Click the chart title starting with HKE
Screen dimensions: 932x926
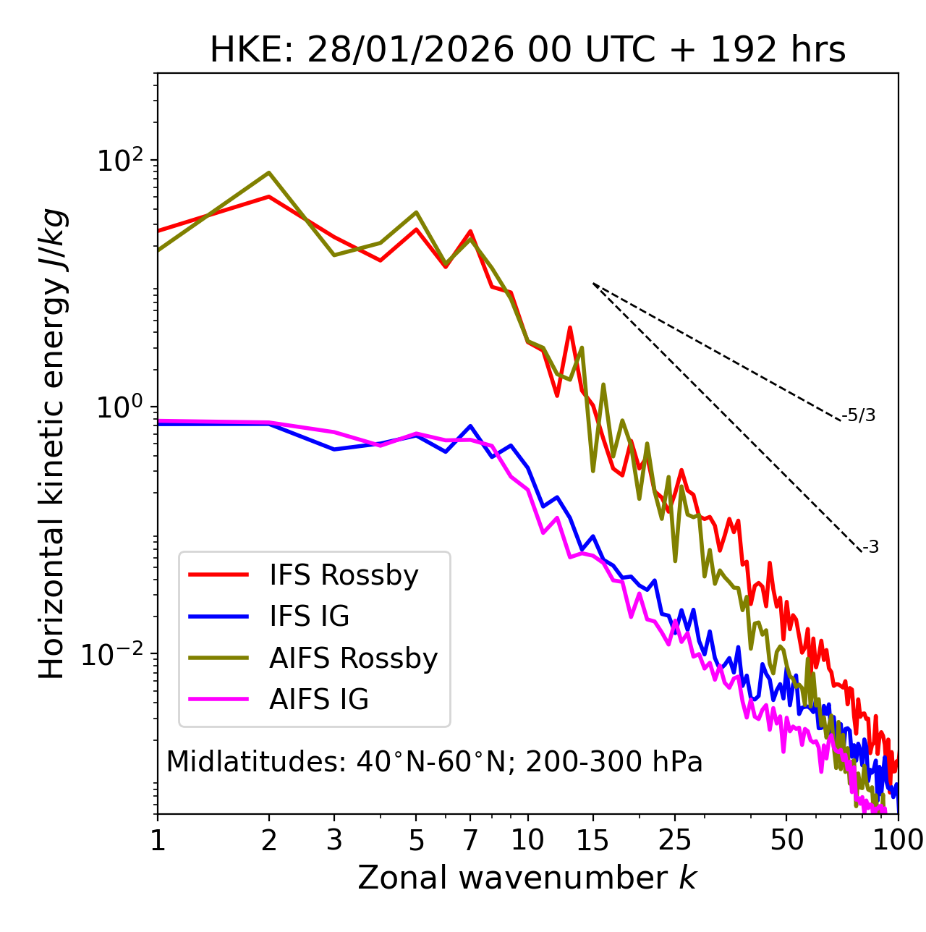(x=527, y=51)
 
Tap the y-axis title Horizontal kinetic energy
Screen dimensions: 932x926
(x=52, y=444)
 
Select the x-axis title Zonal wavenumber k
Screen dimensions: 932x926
(x=527, y=878)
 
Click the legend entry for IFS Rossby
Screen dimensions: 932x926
(x=344, y=575)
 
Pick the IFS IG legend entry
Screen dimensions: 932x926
(x=309, y=617)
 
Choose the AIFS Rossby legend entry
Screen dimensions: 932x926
(x=353, y=658)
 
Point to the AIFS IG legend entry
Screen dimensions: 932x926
(x=318, y=700)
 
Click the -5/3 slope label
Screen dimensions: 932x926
(x=859, y=415)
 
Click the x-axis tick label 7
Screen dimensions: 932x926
(x=470, y=840)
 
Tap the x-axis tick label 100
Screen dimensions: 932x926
(x=898, y=840)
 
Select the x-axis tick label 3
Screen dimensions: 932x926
(x=334, y=840)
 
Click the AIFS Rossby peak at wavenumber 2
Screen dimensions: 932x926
(x=269, y=173)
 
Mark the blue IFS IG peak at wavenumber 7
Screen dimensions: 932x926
(x=470, y=426)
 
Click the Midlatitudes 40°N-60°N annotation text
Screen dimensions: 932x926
(x=434, y=762)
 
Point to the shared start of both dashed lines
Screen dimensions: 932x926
(x=593, y=284)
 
